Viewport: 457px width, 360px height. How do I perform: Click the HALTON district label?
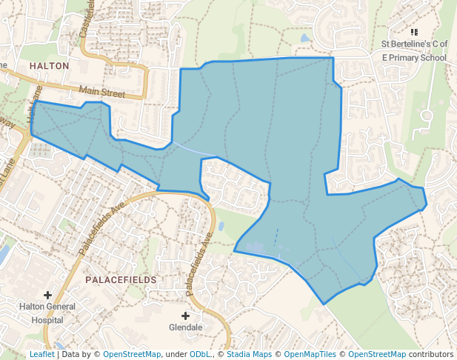49,66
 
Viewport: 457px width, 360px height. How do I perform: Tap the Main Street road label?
103,93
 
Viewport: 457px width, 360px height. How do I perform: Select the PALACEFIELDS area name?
121,280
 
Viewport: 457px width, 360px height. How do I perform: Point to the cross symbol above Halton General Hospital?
48,296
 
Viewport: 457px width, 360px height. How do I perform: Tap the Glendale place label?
185,327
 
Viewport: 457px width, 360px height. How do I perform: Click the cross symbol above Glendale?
185,315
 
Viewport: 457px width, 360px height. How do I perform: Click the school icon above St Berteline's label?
414,33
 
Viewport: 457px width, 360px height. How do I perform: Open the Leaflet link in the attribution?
41,354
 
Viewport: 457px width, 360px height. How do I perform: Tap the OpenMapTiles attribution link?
308,354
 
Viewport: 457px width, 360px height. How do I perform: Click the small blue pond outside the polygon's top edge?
305,38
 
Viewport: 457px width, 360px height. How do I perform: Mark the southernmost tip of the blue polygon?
324,304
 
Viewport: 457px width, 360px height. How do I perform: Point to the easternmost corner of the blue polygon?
427,207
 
